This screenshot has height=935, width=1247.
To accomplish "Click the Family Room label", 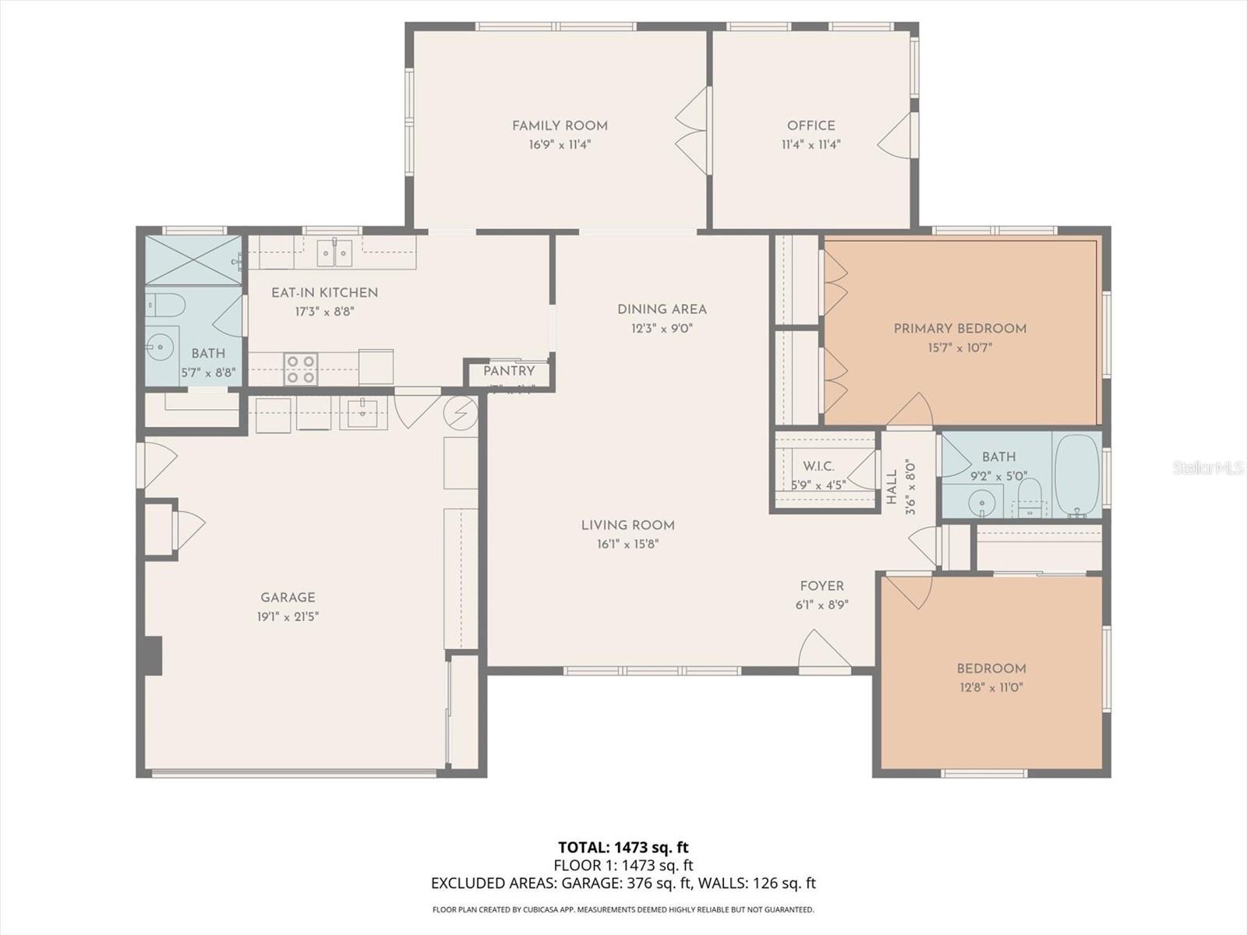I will pyautogui.click(x=560, y=125).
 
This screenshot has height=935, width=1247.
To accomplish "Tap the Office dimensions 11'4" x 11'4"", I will pyautogui.click(x=811, y=145).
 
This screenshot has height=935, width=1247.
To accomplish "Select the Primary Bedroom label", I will pyautogui.click(x=959, y=328).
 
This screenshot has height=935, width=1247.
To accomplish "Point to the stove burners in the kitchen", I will pyautogui.click(x=300, y=369).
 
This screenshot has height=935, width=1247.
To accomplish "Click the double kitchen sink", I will pyautogui.click(x=334, y=252).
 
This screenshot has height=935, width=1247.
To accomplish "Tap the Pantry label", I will pyautogui.click(x=509, y=371).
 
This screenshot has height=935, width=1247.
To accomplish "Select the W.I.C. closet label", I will pyautogui.click(x=818, y=466).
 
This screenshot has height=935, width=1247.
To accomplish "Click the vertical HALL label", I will pyautogui.click(x=892, y=487).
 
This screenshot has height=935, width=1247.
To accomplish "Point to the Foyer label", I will pyautogui.click(x=821, y=586).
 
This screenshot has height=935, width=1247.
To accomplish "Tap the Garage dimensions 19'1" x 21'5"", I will pyautogui.click(x=288, y=617).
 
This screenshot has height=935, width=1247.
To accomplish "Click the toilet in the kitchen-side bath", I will pyautogui.click(x=166, y=304).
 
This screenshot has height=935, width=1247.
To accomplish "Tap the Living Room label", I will pyautogui.click(x=627, y=525).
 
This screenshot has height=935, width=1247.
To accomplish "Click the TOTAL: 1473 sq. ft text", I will pyautogui.click(x=623, y=847).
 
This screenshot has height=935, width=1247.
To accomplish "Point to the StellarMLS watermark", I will pyautogui.click(x=1207, y=468).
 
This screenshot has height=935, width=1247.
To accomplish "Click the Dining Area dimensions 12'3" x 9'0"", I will pyautogui.click(x=662, y=329).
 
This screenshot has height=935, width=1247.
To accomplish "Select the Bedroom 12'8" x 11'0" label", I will pyautogui.click(x=991, y=669).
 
